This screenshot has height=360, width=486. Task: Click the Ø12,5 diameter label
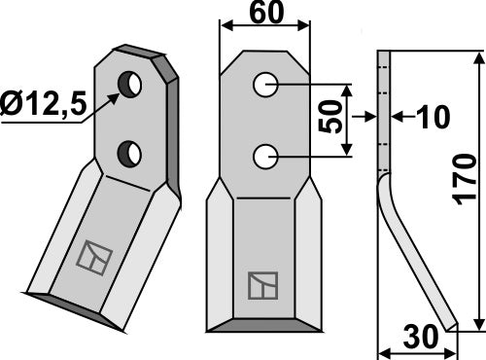pyautogui.click(x=44, y=100)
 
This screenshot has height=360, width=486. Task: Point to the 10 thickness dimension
pyautogui.click(x=432, y=117)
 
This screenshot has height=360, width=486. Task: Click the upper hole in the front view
pyautogui.click(x=263, y=87)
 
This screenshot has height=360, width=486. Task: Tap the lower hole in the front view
pyautogui.click(x=263, y=155)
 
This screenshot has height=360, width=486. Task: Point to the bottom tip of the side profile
pyautogui.click(x=450, y=327)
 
